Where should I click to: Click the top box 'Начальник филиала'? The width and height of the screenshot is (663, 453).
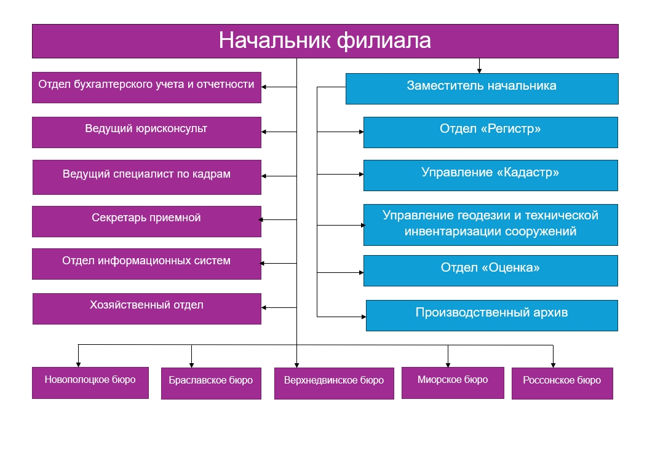325,41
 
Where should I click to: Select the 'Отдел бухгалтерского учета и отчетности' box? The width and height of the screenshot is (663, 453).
147,87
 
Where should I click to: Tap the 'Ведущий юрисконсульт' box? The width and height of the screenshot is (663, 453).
147,132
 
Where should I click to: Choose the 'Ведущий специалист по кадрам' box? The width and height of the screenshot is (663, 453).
147,177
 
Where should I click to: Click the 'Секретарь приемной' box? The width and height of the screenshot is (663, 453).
147,221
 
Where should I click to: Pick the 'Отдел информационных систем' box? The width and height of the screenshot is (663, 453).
147,264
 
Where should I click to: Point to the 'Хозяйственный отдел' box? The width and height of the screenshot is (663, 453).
147,309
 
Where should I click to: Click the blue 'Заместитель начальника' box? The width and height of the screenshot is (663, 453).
482,89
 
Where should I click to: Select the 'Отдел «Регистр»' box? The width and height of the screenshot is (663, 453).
491,132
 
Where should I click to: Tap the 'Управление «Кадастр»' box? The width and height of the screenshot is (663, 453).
491,175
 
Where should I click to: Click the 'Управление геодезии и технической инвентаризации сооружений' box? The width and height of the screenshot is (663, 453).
491,225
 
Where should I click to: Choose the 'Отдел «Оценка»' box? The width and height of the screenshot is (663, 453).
491,270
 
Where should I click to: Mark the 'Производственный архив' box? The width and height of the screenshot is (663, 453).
492,316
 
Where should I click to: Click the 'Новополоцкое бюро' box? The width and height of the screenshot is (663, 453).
90,383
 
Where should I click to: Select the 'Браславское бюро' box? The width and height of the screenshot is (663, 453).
211,384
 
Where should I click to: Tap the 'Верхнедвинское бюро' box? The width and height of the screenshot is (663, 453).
334,384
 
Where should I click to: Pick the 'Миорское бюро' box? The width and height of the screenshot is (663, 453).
453,383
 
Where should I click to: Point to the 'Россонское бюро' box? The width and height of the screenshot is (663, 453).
562,384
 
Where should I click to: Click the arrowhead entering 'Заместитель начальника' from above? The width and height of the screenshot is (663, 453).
479,71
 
